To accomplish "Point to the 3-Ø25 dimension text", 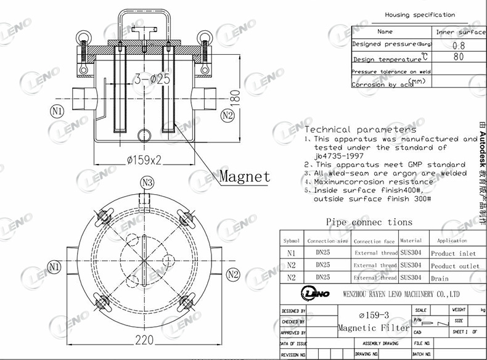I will click(152, 79).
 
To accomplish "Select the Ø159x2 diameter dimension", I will click(144, 160).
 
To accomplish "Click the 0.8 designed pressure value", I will click(459, 45).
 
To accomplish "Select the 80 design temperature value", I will click(459, 57).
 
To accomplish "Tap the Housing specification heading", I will click(420, 15).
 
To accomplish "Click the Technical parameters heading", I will click(361, 129).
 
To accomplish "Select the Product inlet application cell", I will click(453, 253).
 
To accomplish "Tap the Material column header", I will click(411, 240).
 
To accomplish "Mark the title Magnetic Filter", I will click(374, 329).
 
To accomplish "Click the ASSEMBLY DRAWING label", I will click(380, 343).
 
